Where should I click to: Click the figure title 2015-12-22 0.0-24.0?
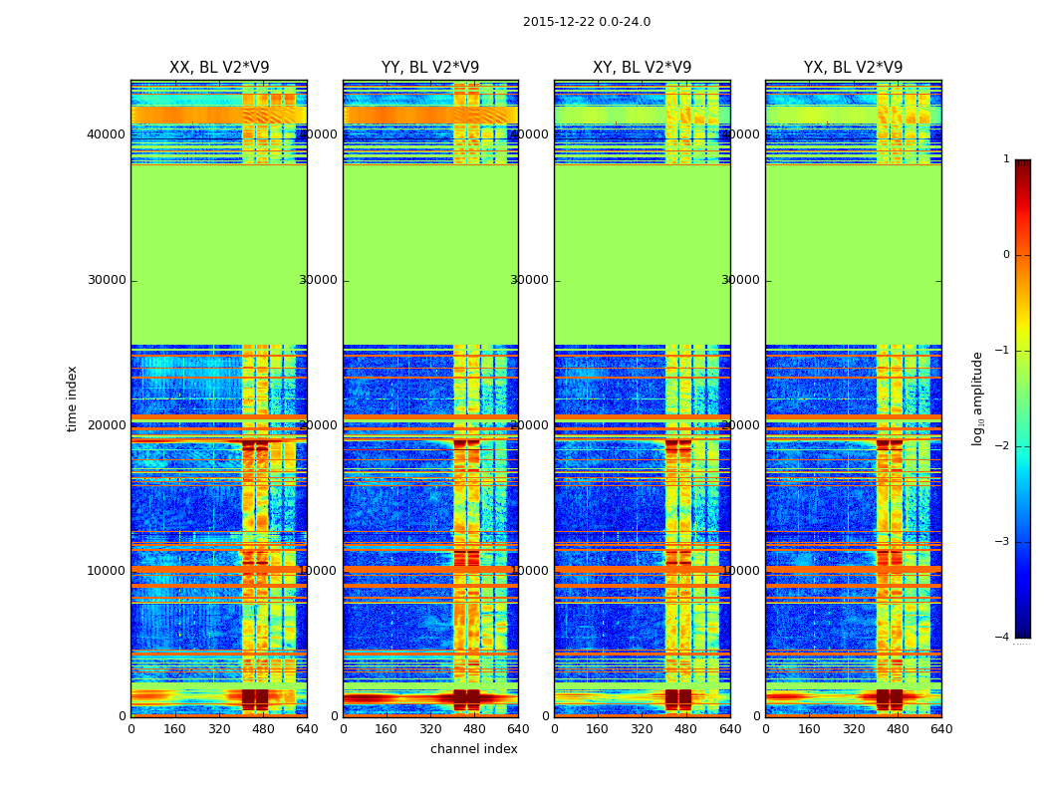(586, 22)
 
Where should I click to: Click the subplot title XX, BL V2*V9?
(219, 68)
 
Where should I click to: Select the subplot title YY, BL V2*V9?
(430, 68)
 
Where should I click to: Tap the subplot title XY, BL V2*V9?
(642, 68)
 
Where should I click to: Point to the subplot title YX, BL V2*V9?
(853, 68)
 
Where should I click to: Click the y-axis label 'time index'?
(72, 398)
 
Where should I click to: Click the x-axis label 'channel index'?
(474, 749)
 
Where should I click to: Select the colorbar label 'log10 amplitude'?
(978, 398)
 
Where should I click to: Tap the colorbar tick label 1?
(1005, 159)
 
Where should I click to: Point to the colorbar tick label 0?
(1005, 255)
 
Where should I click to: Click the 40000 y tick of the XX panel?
(107, 134)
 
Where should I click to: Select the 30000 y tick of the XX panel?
(107, 280)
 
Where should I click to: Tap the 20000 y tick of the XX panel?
(107, 425)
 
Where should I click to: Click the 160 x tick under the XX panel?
(175, 729)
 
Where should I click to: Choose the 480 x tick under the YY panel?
(474, 729)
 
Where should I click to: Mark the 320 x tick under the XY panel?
(643, 729)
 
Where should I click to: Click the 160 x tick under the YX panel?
(810, 729)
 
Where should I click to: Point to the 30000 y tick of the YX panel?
(741, 280)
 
